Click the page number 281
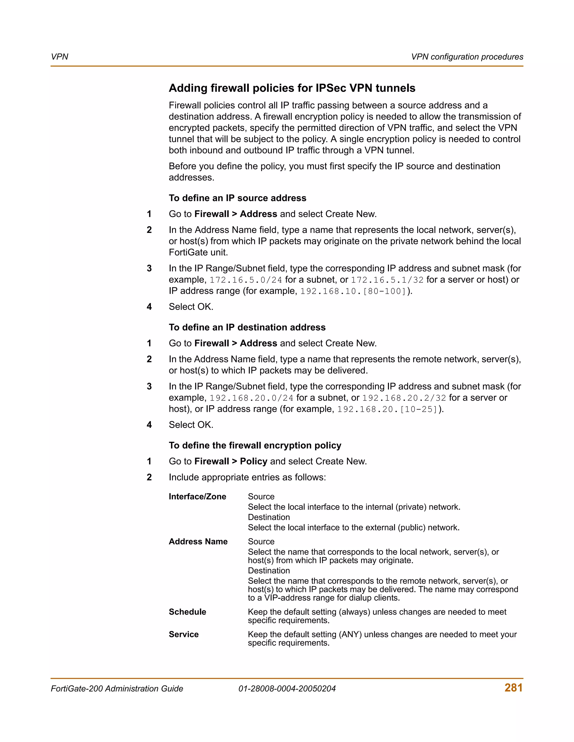click(x=513, y=688)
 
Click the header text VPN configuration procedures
click(x=467, y=57)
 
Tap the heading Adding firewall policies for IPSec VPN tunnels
click(x=292, y=88)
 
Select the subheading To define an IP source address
click(x=237, y=198)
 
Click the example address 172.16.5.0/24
click(x=246, y=280)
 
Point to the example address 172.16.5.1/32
click(x=387, y=280)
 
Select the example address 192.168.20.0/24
click(x=251, y=398)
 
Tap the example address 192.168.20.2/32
click(x=404, y=398)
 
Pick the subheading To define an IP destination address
click(x=247, y=327)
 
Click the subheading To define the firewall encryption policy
click(x=255, y=445)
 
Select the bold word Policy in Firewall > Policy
click(x=253, y=461)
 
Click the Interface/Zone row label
click(x=197, y=497)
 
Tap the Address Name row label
click(x=198, y=542)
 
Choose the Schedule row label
click(x=188, y=612)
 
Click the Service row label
click(x=184, y=634)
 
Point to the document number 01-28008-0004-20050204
click(x=287, y=689)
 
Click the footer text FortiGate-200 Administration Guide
click(x=117, y=689)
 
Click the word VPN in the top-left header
click(x=59, y=57)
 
